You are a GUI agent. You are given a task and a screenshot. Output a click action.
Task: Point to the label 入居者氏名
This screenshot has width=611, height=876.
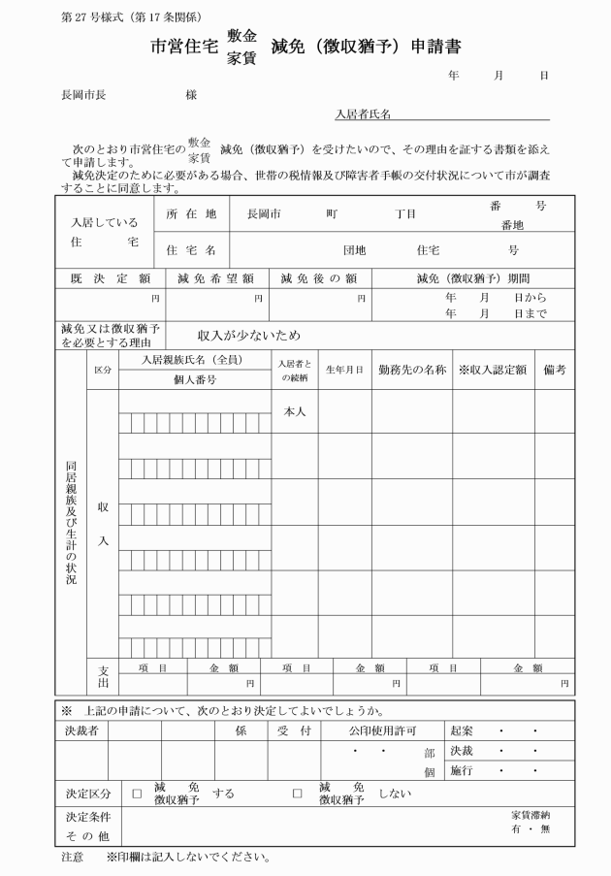363,114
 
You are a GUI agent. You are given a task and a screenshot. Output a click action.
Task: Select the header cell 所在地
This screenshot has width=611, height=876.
191,213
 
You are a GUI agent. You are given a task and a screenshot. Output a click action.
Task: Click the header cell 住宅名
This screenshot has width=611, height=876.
191,249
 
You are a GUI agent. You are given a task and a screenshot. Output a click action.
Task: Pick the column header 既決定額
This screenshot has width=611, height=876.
111,278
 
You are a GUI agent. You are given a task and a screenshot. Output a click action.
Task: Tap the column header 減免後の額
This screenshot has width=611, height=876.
319,278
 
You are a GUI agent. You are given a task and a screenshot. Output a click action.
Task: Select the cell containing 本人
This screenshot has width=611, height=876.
295,411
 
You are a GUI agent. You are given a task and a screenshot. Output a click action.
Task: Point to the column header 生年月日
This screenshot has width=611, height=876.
344,370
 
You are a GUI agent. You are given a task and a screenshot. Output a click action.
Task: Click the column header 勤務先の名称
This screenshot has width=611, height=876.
412,370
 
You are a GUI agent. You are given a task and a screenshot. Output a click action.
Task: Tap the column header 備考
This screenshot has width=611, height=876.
554,370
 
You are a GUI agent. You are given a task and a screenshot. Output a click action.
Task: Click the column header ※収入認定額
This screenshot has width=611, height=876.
492,370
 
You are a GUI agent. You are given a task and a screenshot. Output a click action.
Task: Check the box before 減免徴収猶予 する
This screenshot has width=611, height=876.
137,794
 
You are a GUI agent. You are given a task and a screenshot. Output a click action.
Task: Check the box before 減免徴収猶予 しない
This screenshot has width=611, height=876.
298,794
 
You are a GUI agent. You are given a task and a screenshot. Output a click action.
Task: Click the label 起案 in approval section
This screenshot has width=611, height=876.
462,730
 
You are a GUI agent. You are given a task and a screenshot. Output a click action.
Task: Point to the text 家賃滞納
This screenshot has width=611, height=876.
532,815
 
